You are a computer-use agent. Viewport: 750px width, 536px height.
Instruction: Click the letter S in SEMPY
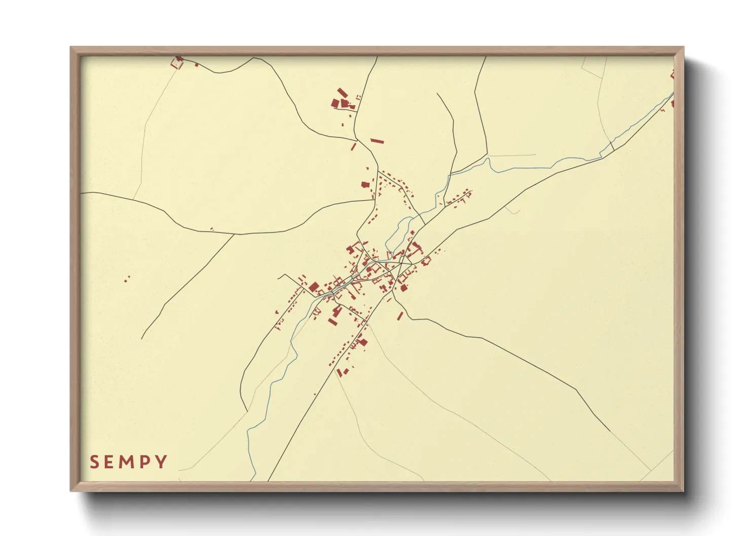click(94, 462)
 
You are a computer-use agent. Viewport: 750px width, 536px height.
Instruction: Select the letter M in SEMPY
click(129, 462)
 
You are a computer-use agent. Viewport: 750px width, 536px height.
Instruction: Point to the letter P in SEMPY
click(146, 462)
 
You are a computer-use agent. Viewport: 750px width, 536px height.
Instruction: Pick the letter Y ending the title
click(162, 462)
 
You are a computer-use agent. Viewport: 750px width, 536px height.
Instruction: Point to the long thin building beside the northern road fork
click(377, 141)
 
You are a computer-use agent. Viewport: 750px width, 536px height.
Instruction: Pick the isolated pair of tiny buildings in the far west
click(127, 278)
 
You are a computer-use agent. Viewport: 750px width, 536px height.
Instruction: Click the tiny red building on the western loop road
click(212, 229)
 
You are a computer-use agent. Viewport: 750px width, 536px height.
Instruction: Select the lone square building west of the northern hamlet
click(364, 185)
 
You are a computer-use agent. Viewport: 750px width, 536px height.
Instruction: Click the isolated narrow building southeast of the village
click(400, 316)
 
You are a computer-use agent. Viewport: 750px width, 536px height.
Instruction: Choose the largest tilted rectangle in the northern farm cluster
click(343, 93)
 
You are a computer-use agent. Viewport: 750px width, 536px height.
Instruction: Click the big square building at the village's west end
click(313, 288)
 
